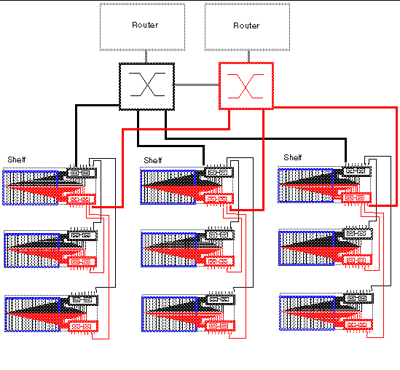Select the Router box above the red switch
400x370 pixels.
[x=246, y=26]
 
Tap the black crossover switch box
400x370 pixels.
[x=146, y=86]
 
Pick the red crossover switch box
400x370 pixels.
[x=246, y=86]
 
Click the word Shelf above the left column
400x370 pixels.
[x=16, y=160]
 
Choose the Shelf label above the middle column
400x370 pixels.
[x=153, y=160]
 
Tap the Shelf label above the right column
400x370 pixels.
[x=293, y=157]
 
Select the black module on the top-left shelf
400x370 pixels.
[x=78, y=173]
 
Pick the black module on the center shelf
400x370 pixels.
[x=217, y=235]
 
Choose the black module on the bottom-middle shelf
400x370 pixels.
[x=217, y=299]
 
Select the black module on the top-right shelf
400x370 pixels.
[x=355, y=173]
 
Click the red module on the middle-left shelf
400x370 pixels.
[x=80, y=261]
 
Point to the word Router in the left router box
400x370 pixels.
[x=144, y=25]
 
